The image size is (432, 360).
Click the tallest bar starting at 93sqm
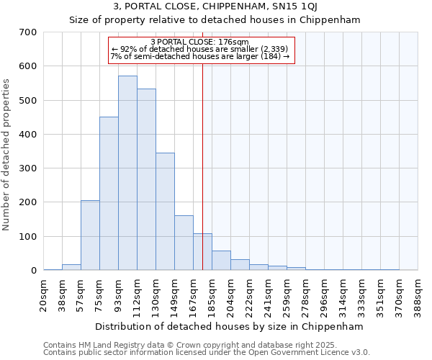tap(127, 173)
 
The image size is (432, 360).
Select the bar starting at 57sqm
tap(90, 235)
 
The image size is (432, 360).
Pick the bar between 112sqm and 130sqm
tap(146, 179)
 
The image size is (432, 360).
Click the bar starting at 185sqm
tap(221, 261)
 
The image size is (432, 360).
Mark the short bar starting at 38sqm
tap(71, 267)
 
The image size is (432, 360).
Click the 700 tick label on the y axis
tap(28, 32)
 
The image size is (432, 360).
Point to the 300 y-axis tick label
tap(28, 168)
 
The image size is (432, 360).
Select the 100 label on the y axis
tap(28, 237)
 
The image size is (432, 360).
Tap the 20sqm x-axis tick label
tap(44, 294)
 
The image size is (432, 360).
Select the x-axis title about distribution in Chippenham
tap(229, 326)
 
